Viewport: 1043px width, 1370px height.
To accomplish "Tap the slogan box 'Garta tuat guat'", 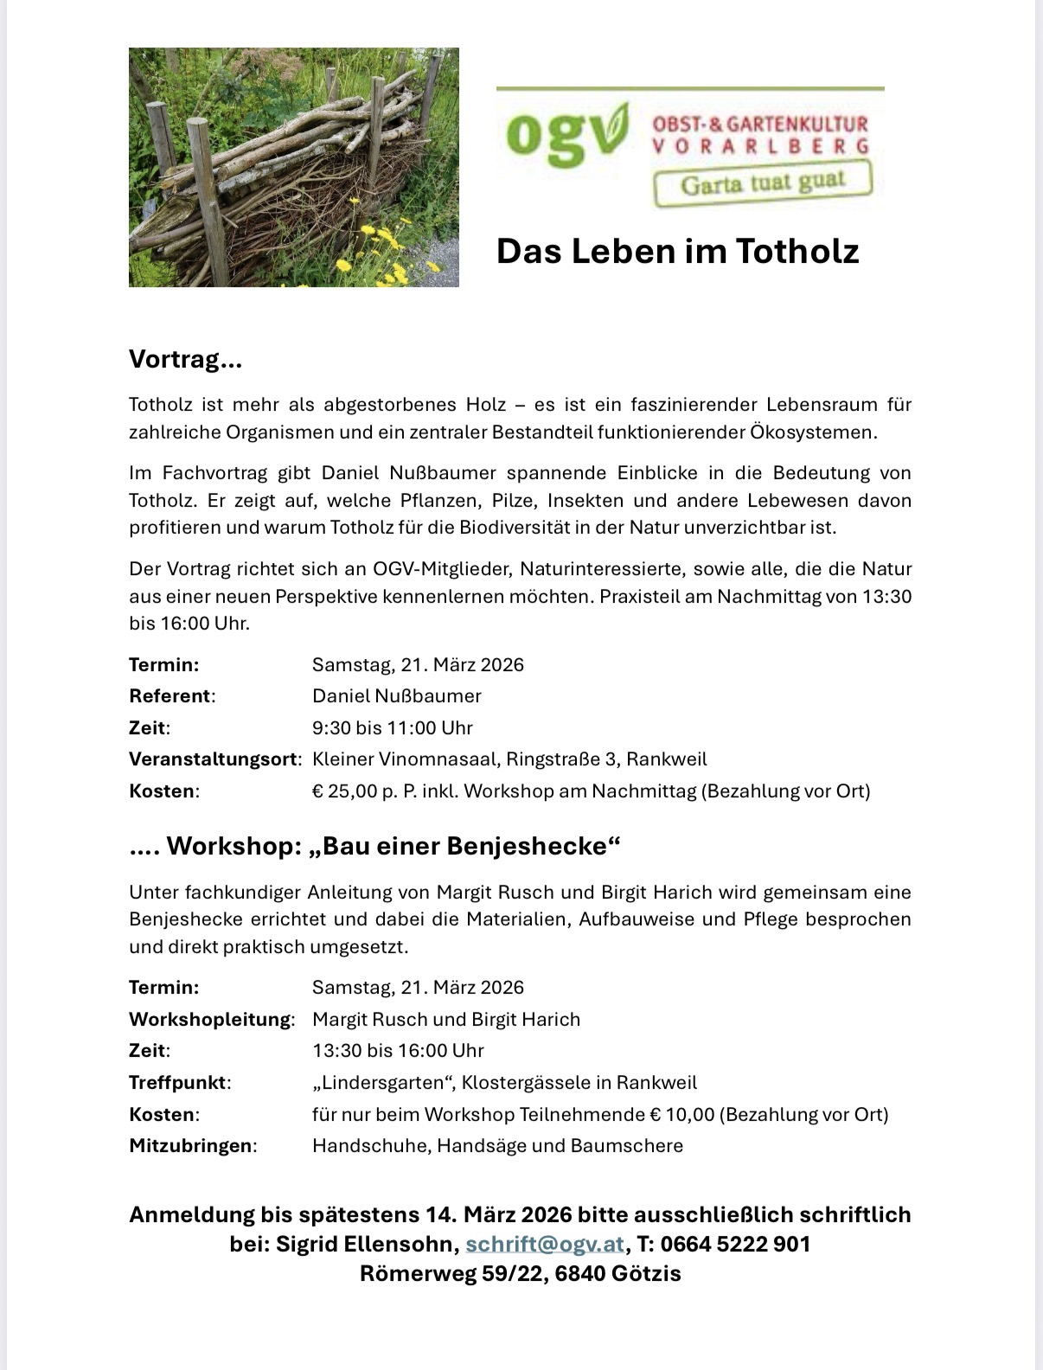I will click(x=762, y=183).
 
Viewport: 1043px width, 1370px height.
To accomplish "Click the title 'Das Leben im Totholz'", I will click(x=677, y=251).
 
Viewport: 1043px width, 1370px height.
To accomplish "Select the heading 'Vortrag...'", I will click(x=185, y=359).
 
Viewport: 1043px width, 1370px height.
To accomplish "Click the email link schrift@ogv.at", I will click(x=545, y=1244).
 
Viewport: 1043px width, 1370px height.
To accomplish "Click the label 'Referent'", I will click(x=170, y=696).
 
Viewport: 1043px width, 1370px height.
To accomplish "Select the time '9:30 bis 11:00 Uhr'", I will click(x=393, y=727).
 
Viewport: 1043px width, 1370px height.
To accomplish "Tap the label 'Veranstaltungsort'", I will click(x=214, y=759).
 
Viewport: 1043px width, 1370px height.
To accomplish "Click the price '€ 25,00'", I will click(x=345, y=791).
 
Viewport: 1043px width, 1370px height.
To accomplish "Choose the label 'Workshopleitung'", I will click(x=210, y=1019).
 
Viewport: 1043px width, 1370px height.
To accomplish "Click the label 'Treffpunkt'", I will click(x=178, y=1082).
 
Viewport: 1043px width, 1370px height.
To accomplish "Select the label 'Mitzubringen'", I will click(x=191, y=1145).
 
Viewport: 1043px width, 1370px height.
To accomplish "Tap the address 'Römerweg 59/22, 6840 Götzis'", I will click(x=521, y=1273).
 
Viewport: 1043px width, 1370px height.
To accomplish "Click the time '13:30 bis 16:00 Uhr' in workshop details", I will click(x=398, y=1050).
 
